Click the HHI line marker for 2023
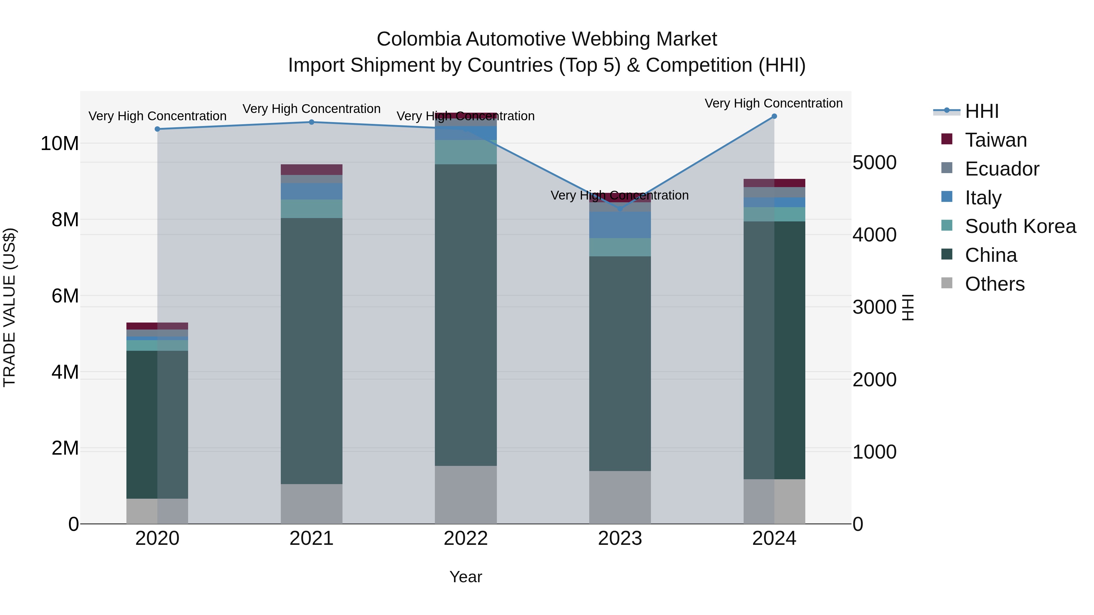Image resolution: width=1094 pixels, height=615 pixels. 620,209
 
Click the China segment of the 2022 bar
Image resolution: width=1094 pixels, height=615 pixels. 466,314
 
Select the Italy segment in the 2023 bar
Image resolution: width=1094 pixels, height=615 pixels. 620,225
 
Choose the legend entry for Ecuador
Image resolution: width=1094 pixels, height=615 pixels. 1001,169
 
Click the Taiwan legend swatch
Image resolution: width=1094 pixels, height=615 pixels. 947,139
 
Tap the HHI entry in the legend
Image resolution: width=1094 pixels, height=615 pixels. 981,111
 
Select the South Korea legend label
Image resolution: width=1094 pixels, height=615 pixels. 1020,226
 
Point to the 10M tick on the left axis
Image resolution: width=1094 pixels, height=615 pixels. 60,144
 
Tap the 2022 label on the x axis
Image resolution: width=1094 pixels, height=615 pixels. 466,538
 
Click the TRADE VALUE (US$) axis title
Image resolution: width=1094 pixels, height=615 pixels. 9,307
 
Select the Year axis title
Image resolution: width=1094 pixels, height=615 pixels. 466,577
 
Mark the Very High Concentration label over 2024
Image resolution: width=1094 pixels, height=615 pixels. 773,103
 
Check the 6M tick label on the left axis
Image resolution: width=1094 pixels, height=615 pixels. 65,296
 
